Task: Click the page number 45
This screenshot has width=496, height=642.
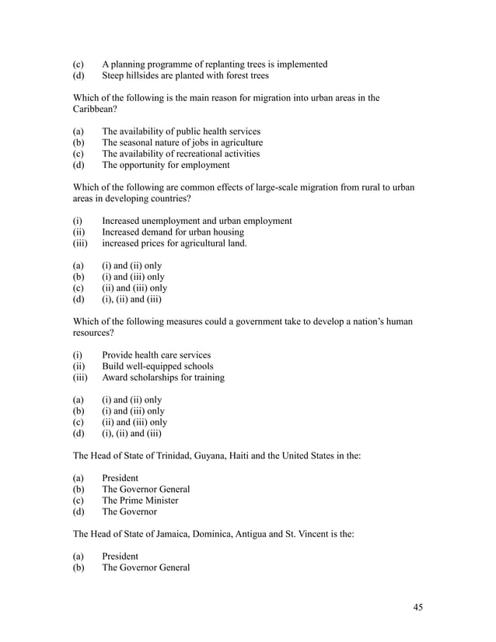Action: click(x=417, y=608)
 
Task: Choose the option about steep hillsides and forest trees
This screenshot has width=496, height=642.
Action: click(x=185, y=76)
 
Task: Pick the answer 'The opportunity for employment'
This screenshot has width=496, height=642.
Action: click(x=166, y=165)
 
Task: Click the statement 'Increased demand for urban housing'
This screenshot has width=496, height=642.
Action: click(x=173, y=232)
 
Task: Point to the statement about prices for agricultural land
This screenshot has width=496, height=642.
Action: click(x=174, y=243)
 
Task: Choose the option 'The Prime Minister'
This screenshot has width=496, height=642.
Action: click(x=140, y=501)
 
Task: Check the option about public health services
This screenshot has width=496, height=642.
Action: click(x=180, y=131)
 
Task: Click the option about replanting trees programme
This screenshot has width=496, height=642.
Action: click(x=215, y=65)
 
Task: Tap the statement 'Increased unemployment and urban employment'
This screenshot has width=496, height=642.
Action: click(x=197, y=222)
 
